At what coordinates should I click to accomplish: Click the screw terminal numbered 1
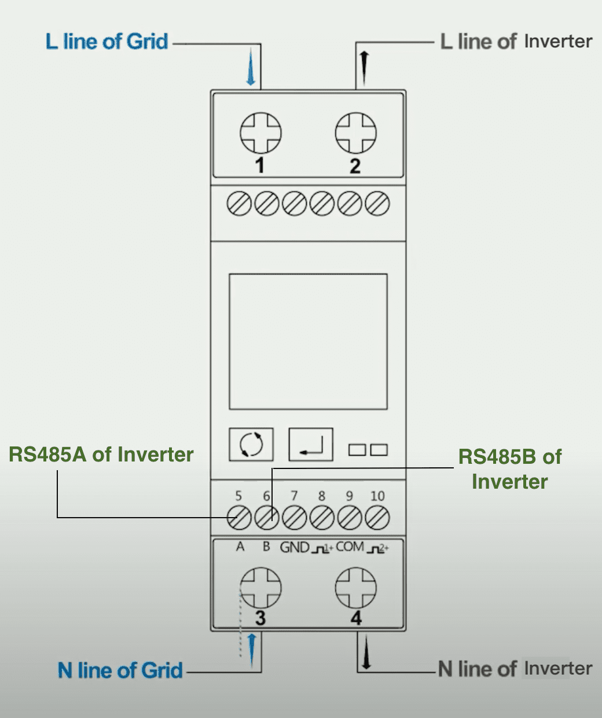coord(260,133)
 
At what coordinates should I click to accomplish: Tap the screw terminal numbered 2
coord(356,133)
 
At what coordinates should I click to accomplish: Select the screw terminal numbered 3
coord(260,588)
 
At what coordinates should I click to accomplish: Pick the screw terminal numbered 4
coord(356,588)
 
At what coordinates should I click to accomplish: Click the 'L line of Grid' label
coord(107,42)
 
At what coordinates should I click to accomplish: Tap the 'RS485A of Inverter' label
coord(101,455)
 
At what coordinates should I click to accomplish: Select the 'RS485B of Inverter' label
coord(510,469)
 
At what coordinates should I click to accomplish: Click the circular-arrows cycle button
coord(251,444)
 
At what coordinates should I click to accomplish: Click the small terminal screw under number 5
coord(239,518)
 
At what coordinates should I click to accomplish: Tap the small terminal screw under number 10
coord(377,518)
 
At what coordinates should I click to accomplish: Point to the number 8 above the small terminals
coord(321,496)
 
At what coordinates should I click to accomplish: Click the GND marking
coord(295,547)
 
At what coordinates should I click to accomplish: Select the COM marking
coord(350,547)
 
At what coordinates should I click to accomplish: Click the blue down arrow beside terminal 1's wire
coord(251,67)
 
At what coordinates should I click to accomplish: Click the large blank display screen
coord(308,342)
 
